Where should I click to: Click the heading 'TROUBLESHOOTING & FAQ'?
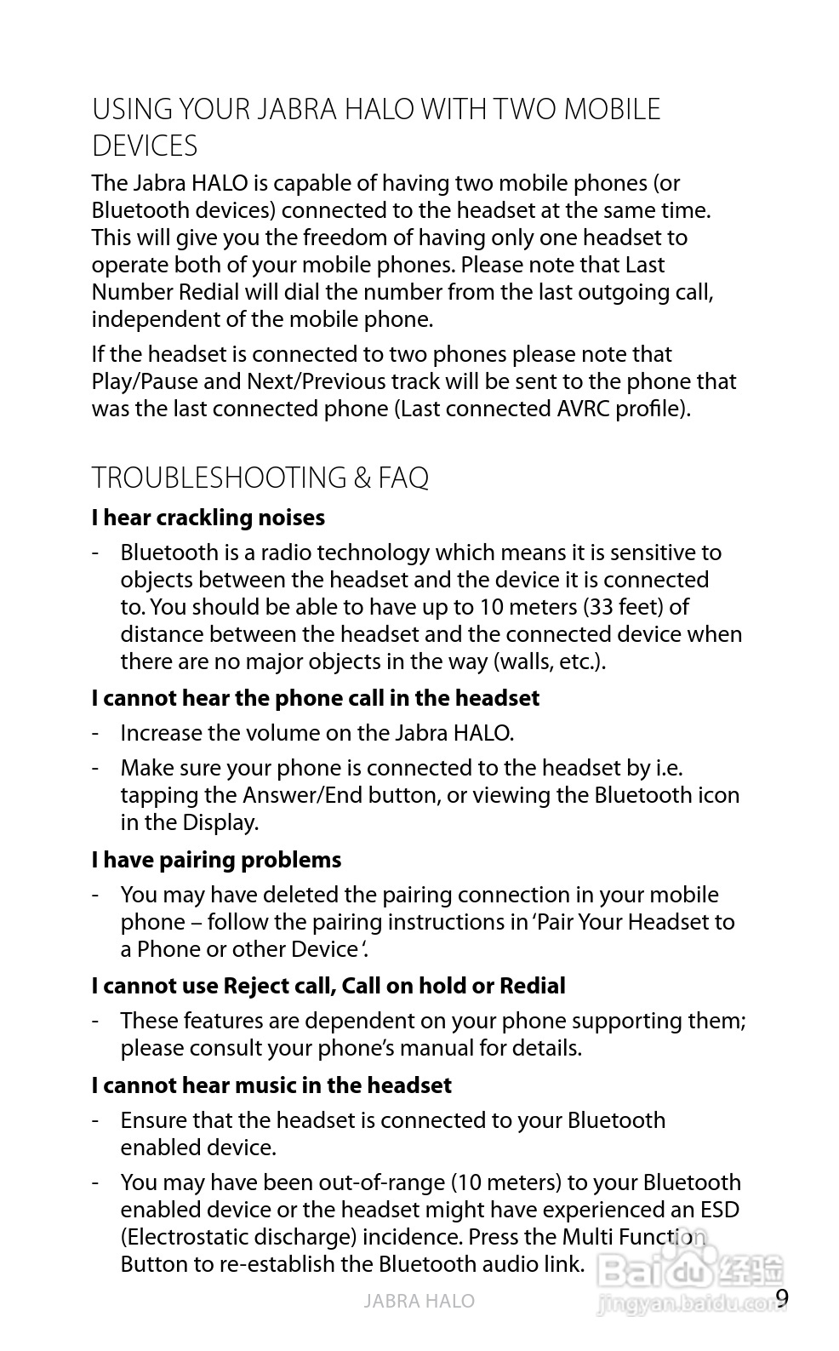coord(260,478)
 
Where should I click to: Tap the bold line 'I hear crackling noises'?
coord(208,518)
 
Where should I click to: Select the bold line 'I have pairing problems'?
coord(216,860)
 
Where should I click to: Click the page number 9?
coord(782,1298)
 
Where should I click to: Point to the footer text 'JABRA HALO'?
coord(419,1301)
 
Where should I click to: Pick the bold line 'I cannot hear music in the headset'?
coord(271,1085)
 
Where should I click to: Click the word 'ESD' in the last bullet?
coord(719,1210)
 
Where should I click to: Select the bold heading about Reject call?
coord(328,986)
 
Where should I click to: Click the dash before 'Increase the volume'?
coord(99,733)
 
